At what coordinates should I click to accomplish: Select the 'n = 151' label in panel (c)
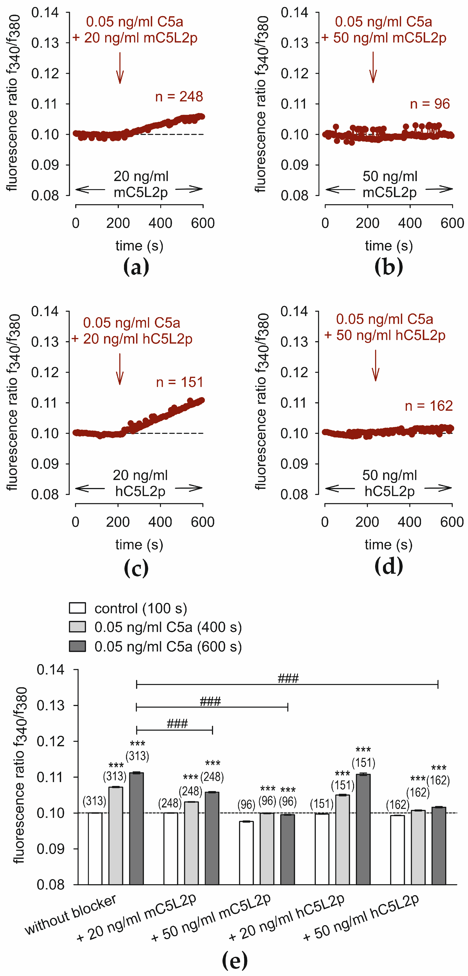tap(180, 382)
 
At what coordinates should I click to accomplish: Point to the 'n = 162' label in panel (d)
tap(429, 406)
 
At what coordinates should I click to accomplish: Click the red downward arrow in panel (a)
tap(120, 68)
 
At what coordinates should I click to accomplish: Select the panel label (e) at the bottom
tap(235, 960)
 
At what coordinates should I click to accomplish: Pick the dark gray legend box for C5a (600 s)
tap(77, 646)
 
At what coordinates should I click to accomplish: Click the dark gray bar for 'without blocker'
tap(137, 830)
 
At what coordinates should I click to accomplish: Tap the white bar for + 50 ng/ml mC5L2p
tap(246, 854)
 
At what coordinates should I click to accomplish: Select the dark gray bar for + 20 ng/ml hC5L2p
tap(363, 830)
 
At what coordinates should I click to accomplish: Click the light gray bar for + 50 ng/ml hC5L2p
tap(418, 849)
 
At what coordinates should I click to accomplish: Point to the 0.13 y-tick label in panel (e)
tap(50, 706)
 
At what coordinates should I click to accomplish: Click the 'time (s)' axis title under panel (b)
tap(389, 246)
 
